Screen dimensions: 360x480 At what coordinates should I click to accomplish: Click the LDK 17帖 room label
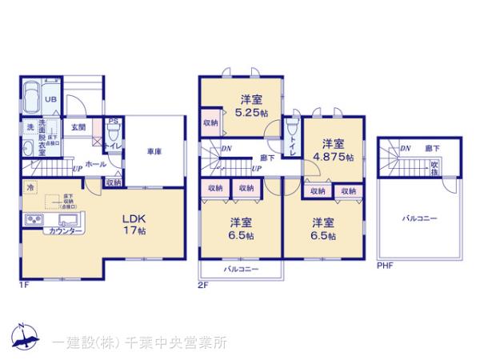click(x=133, y=223)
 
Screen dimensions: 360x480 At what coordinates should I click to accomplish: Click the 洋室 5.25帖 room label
click(x=250, y=106)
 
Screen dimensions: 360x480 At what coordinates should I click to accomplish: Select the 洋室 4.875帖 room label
click(x=334, y=150)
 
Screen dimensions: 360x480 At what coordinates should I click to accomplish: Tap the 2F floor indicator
click(x=203, y=285)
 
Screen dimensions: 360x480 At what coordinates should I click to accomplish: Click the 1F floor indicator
click(x=24, y=285)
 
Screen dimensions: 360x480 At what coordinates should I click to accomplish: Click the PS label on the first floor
click(x=113, y=122)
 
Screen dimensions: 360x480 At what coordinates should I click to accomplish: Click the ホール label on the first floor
click(x=97, y=163)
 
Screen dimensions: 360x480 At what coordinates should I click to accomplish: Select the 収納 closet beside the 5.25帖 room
click(x=210, y=122)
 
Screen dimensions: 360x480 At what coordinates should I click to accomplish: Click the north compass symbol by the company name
click(x=24, y=339)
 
